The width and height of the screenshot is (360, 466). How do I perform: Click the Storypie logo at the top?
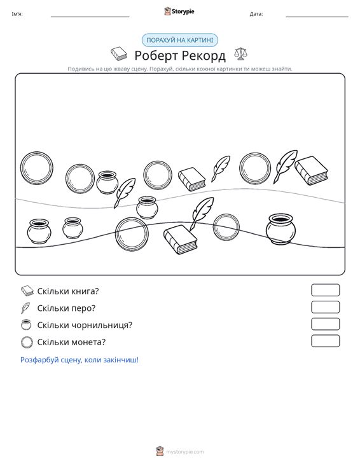click(x=179, y=11)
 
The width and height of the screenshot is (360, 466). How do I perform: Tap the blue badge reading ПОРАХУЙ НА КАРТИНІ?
click(x=180, y=40)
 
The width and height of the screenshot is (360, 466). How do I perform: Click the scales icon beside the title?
click(x=240, y=54)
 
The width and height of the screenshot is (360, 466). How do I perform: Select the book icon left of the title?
click(x=119, y=54)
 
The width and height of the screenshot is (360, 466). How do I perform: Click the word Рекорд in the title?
click(x=204, y=55)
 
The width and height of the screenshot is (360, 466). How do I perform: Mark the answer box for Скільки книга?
click(x=325, y=290)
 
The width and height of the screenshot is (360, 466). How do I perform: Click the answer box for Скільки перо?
click(x=325, y=307)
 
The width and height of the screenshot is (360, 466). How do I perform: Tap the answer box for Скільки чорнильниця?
click(x=325, y=324)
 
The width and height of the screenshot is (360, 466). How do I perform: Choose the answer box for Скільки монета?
click(x=325, y=341)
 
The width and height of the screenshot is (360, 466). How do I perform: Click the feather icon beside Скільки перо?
click(x=25, y=308)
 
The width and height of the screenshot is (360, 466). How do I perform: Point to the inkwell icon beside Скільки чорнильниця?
click(x=26, y=324)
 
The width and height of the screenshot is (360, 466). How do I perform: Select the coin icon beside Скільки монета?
click(x=27, y=342)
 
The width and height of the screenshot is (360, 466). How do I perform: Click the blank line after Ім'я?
click(x=90, y=17)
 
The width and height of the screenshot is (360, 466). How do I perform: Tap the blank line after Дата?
click(x=317, y=17)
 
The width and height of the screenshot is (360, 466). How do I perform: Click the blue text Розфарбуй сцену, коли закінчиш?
click(x=80, y=360)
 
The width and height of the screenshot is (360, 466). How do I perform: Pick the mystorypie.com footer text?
click(x=185, y=452)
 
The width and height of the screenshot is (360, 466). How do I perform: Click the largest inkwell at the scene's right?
click(x=280, y=229)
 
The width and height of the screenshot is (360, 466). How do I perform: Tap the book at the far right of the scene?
click(x=311, y=170)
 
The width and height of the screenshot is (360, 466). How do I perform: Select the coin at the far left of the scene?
click(x=37, y=168)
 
